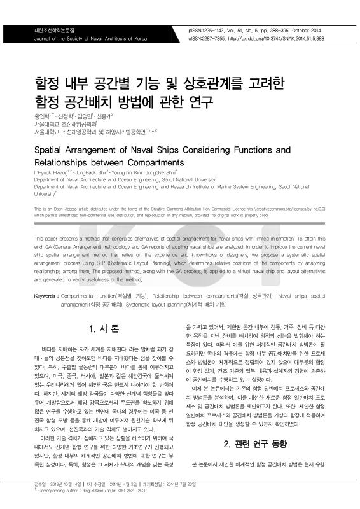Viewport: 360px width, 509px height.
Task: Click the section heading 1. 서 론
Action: coord(104,329)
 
